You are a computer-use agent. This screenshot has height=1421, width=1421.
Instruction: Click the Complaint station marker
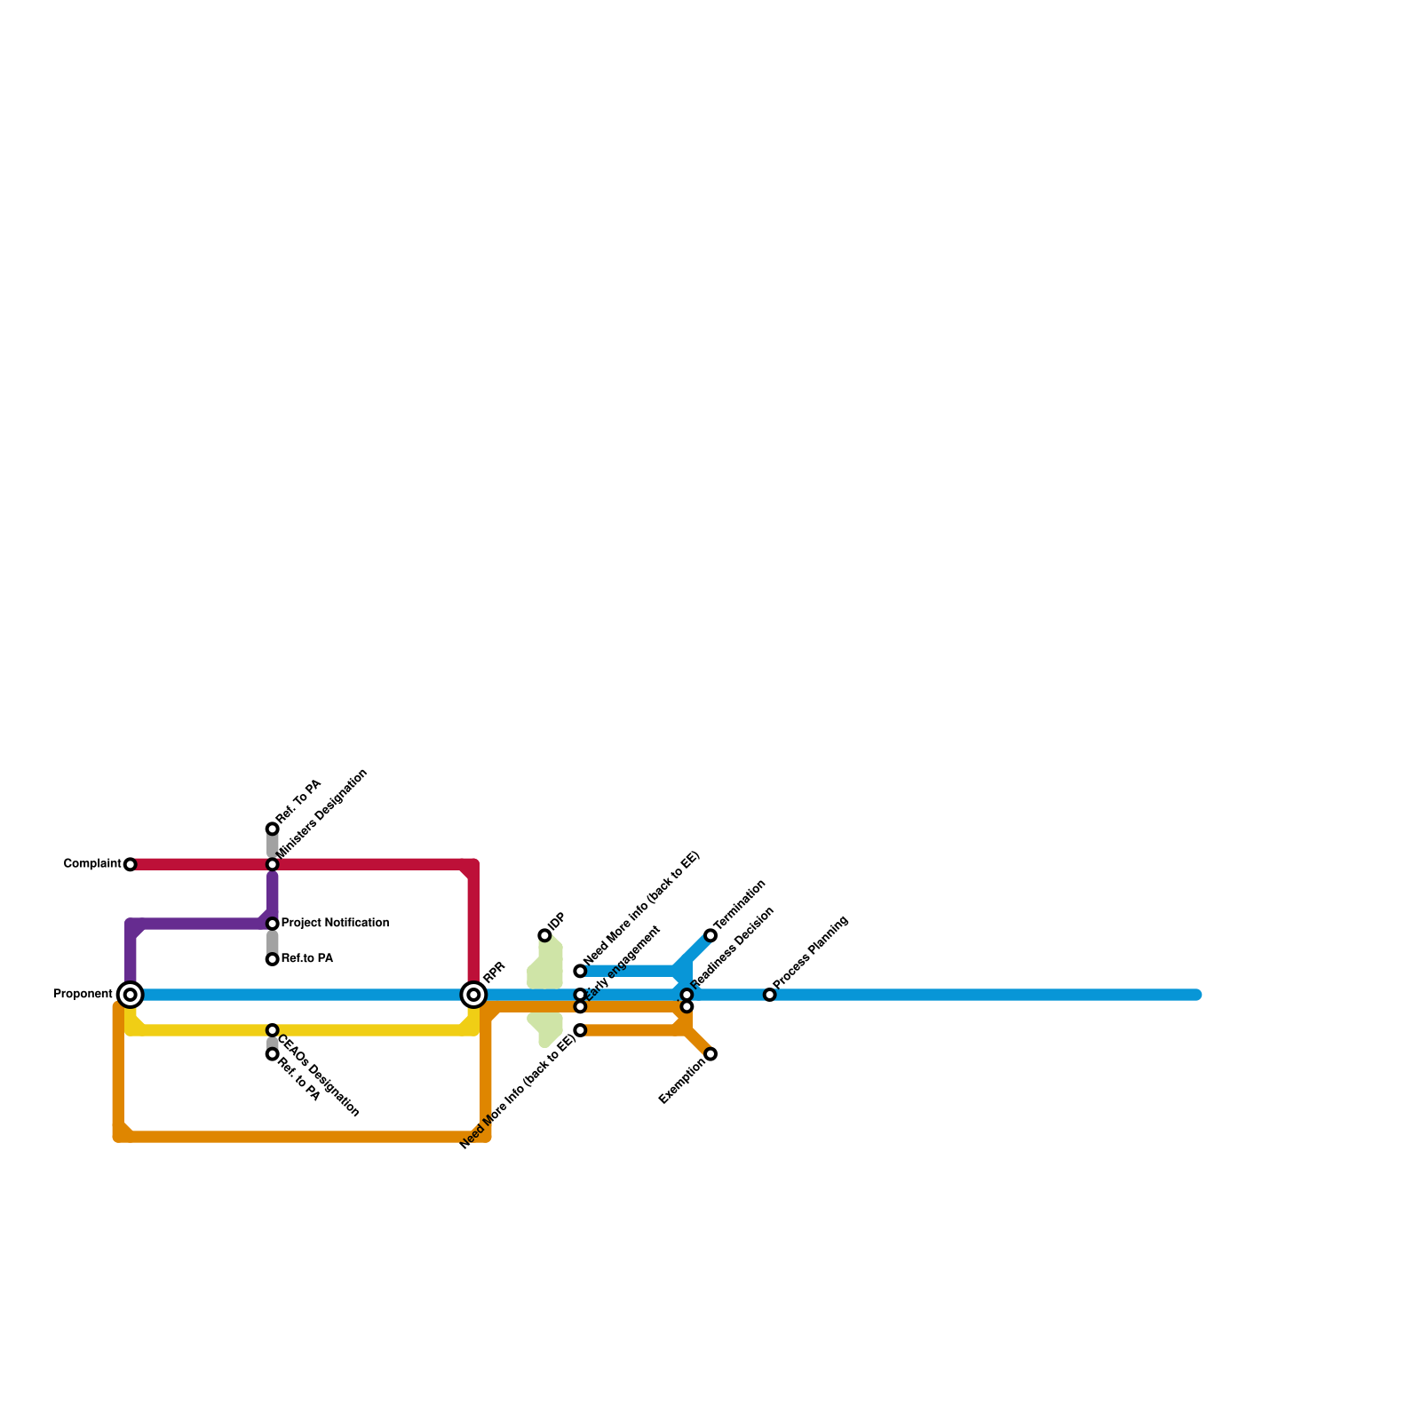[131, 864]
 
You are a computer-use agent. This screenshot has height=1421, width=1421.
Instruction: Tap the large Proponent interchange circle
[131, 995]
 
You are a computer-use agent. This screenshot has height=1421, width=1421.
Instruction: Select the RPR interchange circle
[474, 995]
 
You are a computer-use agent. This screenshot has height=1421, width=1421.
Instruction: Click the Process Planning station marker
[770, 995]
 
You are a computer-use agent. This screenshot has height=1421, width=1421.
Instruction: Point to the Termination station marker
[710, 935]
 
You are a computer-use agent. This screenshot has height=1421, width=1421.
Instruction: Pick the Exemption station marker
[710, 1054]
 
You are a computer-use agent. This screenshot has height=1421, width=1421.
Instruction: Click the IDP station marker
[544, 935]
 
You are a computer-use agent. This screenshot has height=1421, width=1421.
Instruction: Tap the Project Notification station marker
[273, 924]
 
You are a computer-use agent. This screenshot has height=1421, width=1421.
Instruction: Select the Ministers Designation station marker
[273, 864]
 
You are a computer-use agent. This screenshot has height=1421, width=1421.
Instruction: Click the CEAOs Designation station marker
[273, 1030]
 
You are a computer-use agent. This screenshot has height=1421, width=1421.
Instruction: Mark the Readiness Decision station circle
[687, 995]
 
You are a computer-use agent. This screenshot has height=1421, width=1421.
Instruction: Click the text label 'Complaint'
[92, 864]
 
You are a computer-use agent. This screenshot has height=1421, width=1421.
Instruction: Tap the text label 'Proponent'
[83, 994]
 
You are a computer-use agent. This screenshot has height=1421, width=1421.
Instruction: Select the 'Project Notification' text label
[336, 923]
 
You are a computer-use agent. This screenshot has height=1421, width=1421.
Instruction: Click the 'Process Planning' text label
[812, 953]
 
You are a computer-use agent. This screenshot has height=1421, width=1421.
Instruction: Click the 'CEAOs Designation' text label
[318, 1076]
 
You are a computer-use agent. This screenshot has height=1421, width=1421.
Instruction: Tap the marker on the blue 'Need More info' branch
[580, 971]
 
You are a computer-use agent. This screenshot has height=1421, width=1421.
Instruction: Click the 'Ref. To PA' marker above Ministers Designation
[273, 829]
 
